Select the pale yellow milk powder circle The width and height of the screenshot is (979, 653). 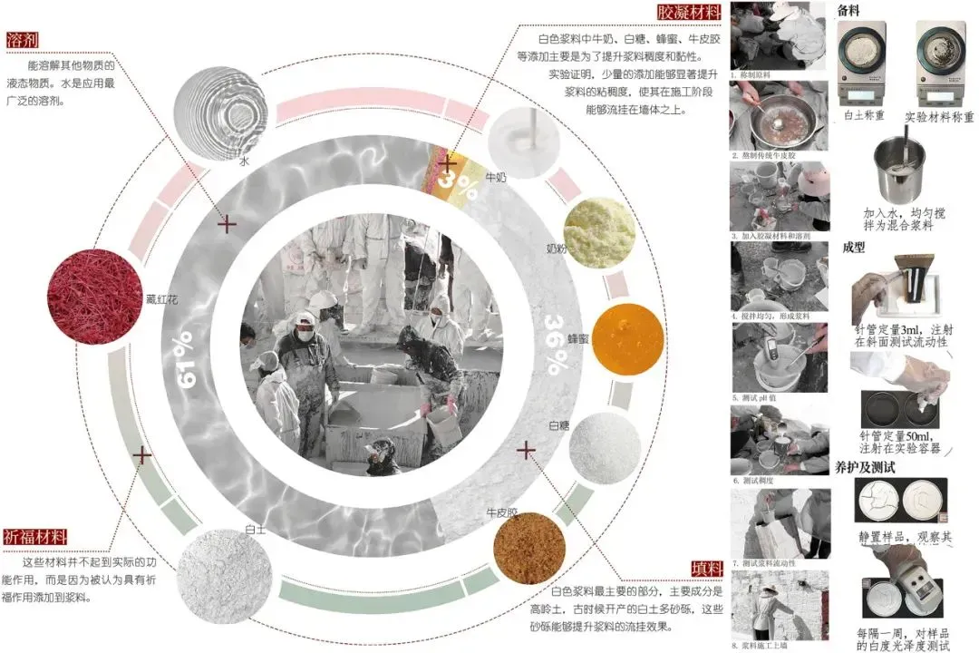(598, 234)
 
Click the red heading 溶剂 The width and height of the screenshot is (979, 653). (28, 41)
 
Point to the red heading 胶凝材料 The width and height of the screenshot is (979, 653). (689, 13)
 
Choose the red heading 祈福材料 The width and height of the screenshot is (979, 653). (36, 536)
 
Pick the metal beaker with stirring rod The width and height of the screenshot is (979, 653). (900, 169)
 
